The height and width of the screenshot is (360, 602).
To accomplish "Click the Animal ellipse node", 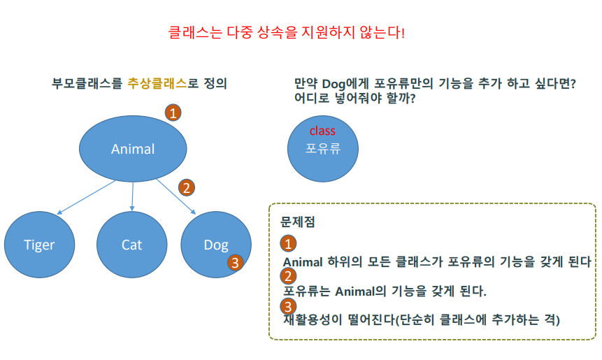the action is [133, 148].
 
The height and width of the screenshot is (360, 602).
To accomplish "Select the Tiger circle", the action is [39, 244].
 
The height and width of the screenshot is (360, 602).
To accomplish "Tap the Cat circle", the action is [131, 244].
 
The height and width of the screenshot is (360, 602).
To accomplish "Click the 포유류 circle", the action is [323, 147].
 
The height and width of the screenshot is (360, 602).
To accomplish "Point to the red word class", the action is [322, 131].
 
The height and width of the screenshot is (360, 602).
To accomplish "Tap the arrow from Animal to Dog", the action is [176, 196].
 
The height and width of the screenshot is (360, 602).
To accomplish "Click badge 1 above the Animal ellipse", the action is [173, 112].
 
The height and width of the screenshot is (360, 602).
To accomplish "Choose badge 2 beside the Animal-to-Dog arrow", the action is [186, 187].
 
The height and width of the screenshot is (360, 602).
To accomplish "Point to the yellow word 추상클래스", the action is [157, 83].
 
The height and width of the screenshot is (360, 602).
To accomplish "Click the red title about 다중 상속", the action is [287, 32].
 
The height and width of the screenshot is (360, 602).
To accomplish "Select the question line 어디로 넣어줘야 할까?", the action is [356, 99].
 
